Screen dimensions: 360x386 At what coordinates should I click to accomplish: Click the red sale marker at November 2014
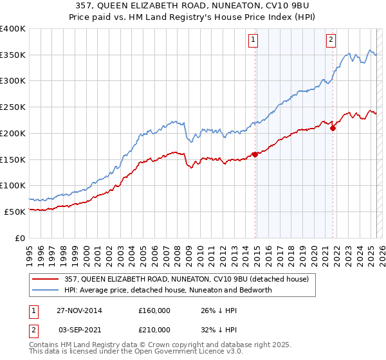click(255, 154)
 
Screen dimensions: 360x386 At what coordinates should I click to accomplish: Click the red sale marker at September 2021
click(333, 128)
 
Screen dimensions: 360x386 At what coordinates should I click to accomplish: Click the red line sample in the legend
click(45, 279)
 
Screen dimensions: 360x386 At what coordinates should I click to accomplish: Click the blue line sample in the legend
click(45, 290)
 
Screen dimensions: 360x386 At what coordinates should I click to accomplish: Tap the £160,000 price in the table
click(154, 310)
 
